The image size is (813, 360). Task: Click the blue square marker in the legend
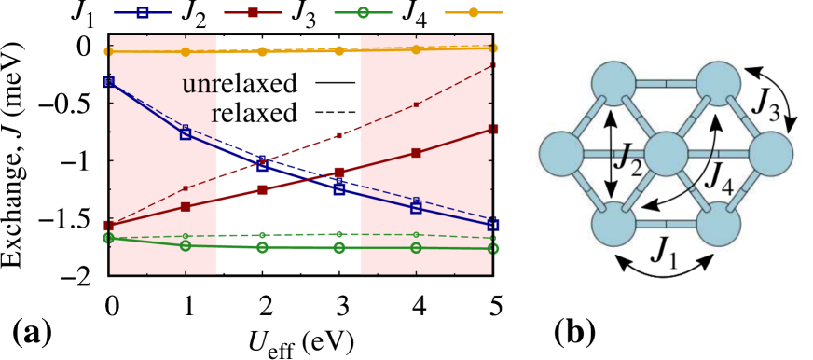pyautogui.click(x=142, y=13)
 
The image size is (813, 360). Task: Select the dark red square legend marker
pyautogui.click(x=254, y=13)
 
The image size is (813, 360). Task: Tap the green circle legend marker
pyautogui.click(x=363, y=13)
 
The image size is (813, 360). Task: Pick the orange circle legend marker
pyautogui.click(x=473, y=13)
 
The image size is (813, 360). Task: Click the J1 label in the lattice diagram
pyautogui.click(x=663, y=250)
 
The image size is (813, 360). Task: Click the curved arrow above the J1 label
pyautogui.click(x=664, y=267)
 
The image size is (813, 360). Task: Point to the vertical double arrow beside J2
pyautogui.click(x=611, y=155)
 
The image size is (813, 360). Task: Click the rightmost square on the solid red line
pyautogui.click(x=493, y=129)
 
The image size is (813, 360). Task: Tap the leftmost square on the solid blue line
pyautogui.click(x=109, y=82)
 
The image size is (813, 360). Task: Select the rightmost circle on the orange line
pyautogui.click(x=493, y=48)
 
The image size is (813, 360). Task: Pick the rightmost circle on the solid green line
pyautogui.click(x=493, y=248)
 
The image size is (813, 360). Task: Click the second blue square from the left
pyautogui.click(x=186, y=133)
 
